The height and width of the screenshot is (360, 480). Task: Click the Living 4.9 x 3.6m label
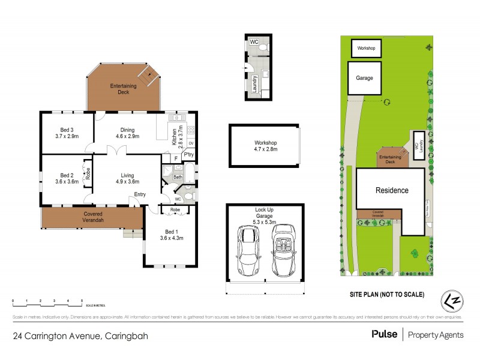(127, 178)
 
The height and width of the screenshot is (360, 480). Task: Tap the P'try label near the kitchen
(188, 155)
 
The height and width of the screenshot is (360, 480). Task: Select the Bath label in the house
(178, 177)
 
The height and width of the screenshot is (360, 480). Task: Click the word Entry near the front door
(140, 194)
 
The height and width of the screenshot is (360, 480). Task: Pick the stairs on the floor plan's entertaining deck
(147, 76)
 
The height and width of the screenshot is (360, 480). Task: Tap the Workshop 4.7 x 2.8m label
(265, 146)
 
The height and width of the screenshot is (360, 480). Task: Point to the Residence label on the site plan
(392, 191)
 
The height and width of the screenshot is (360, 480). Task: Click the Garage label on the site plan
(365, 79)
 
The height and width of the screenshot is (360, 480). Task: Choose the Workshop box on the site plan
(366, 48)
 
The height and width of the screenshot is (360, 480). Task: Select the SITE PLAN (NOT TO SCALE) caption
(387, 295)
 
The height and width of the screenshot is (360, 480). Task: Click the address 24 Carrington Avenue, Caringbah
(80, 335)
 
